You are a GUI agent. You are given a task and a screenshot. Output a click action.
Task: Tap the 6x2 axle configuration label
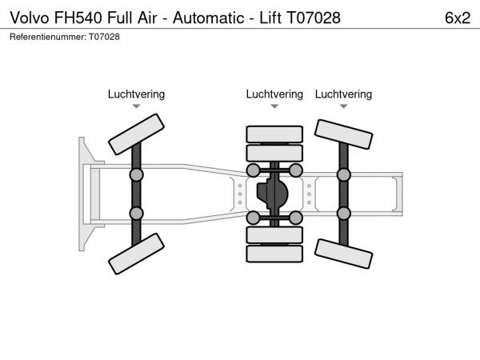[457, 17]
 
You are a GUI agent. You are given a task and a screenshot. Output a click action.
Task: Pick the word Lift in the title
[273, 17]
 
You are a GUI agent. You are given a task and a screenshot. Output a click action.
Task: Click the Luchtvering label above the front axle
[136, 94]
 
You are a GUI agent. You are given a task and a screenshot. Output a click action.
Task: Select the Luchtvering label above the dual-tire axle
[274, 94]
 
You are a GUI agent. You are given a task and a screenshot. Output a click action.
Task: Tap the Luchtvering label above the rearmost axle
[343, 94]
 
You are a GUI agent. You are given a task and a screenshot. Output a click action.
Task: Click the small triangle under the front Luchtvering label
[136, 106]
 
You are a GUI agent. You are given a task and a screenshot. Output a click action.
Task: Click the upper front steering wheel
[136, 134]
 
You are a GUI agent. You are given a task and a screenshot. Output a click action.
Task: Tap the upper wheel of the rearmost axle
[343, 134]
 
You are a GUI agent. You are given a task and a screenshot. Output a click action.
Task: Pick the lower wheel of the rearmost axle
[343, 254]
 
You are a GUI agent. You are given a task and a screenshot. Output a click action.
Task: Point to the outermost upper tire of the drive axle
[274, 134]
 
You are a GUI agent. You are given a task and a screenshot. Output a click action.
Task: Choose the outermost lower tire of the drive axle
[274, 254]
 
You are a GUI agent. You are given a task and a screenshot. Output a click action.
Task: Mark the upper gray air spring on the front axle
[136, 174]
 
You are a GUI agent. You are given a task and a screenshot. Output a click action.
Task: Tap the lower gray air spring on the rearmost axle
[343, 213]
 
